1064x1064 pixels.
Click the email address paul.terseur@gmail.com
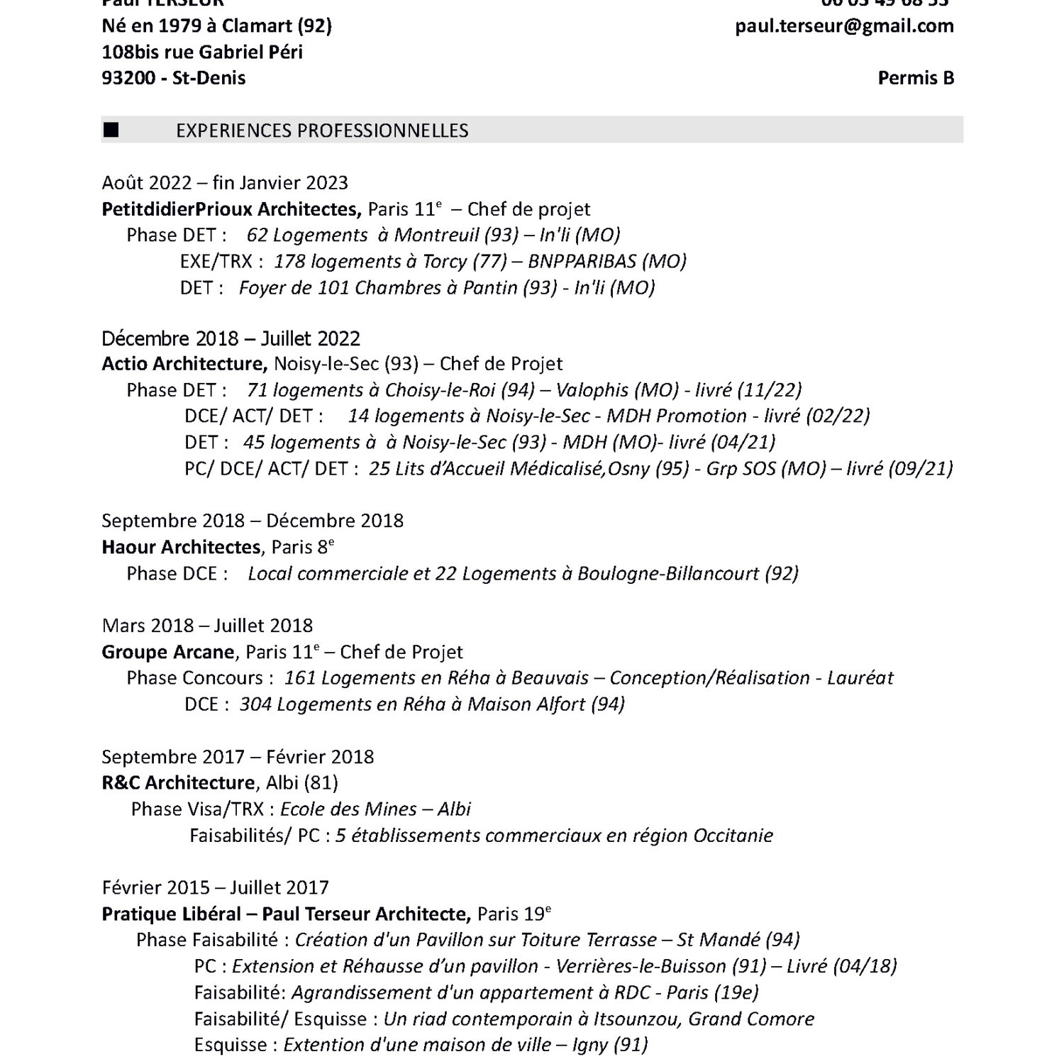tap(844, 26)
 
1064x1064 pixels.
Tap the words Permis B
tap(916, 78)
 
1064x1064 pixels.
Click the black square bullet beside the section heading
tap(111, 130)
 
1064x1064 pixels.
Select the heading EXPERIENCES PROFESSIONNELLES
tap(322, 131)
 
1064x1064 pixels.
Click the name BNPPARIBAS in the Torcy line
tap(582, 262)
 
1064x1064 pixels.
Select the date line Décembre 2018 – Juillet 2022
tap(231, 338)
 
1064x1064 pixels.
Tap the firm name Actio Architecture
tap(184, 364)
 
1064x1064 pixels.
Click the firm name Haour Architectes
tap(181, 547)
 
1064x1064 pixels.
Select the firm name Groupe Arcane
tap(168, 652)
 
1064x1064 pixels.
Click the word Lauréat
tap(860, 678)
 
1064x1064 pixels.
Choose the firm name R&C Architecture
tap(178, 782)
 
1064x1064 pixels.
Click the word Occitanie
tap(733, 836)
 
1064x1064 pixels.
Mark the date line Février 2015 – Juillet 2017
tap(215, 887)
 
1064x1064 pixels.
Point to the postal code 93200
tap(128, 78)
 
